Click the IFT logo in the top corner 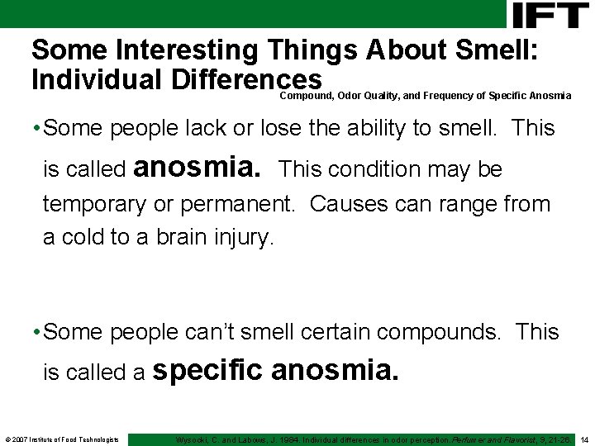550,14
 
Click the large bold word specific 209,371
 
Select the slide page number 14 584,439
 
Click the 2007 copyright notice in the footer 62,439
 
